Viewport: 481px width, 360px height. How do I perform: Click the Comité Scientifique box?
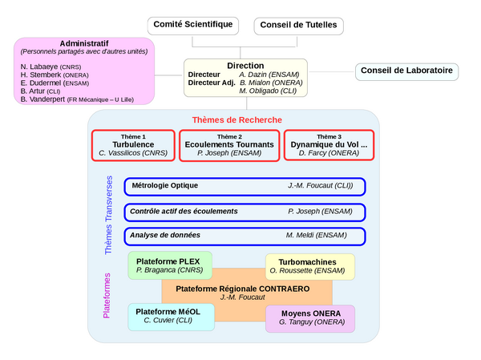tap(193, 25)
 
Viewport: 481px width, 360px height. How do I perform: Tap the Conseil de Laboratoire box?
tap(406, 71)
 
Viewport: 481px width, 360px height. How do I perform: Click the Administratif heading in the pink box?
tap(85, 43)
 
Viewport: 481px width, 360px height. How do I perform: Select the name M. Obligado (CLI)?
tap(269, 91)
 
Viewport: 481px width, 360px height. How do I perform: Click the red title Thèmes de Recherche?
tap(236, 119)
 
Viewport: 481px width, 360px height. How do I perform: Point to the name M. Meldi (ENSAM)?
tap(318, 236)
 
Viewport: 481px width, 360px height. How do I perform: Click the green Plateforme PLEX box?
tap(170, 265)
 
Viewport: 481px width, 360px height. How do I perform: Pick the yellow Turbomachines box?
tap(310, 266)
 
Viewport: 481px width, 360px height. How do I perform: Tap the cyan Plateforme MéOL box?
tap(171, 315)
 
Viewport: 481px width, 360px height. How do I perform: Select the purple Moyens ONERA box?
tap(310, 317)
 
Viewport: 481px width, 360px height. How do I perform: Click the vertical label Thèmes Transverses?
tap(109, 215)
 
